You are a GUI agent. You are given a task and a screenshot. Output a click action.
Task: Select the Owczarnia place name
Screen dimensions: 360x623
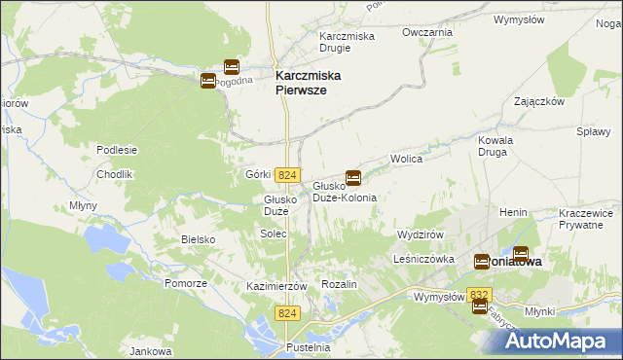coord(427,32)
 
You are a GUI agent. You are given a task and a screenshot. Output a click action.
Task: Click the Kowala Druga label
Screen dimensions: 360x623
coord(495,146)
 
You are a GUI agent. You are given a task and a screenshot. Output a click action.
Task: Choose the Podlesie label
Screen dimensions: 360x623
coord(116,150)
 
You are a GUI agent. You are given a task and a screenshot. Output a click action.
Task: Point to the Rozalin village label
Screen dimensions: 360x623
coord(340,283)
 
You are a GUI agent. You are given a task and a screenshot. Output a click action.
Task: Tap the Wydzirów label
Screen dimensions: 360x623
coord(421,235)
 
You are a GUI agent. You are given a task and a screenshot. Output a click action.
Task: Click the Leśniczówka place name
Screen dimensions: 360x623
coord(426,259)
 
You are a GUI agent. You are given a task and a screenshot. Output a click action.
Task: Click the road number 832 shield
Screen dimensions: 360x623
coord(478,294)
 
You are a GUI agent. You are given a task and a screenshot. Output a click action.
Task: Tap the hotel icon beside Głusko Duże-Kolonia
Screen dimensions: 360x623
coord(353,178)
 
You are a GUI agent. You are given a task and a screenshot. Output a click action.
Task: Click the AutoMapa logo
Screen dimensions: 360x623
coord(559,341)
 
